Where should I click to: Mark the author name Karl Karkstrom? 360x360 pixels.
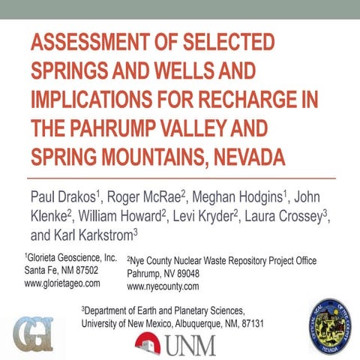click(x=95, y=235)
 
